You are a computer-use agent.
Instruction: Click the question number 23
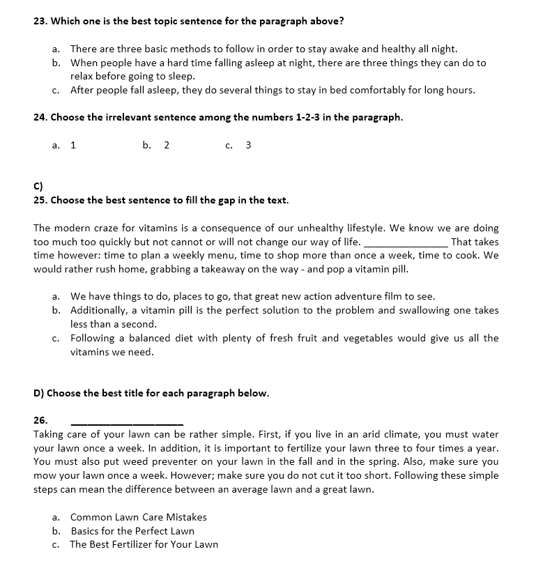point(40,21)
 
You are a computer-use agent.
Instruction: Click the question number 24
point(40,117)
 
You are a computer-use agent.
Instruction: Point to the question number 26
point(40,420)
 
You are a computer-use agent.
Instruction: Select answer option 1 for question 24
point(73,145)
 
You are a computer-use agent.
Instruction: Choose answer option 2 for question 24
point(167,145)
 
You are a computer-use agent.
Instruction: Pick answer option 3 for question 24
point(249,145)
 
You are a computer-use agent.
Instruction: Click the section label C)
point(38,186)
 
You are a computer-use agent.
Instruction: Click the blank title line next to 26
point(127,422)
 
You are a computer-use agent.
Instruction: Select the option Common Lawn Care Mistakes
point(138,517)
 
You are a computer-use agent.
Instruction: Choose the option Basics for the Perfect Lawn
point(132,531)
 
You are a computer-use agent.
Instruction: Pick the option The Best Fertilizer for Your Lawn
point(144,544)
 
